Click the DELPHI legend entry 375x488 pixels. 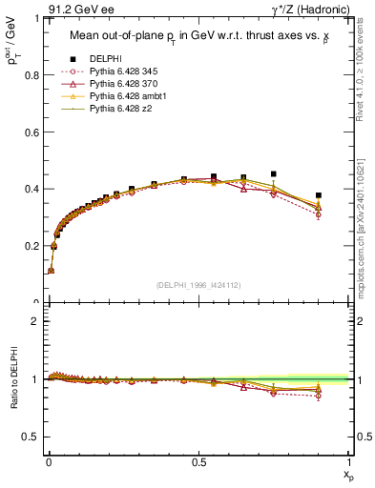pos(106,59)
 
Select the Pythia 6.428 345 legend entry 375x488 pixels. pos(124,71)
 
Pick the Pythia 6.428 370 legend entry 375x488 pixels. pos(124,84)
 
